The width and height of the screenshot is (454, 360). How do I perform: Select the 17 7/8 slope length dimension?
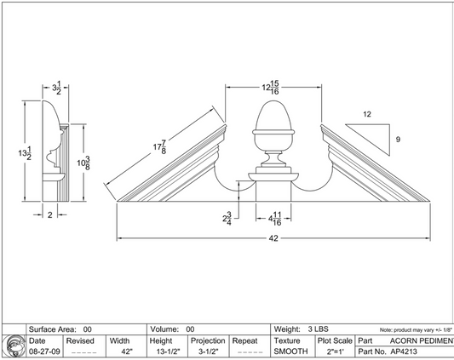tap(159, 146)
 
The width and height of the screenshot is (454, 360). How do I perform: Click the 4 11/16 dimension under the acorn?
tap(275, 218)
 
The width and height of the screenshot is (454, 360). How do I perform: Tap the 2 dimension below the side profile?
tap(49, 215)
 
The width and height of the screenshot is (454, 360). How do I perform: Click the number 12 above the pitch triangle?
tap(366, 113)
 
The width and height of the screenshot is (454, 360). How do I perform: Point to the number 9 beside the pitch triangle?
tap(397, 139)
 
